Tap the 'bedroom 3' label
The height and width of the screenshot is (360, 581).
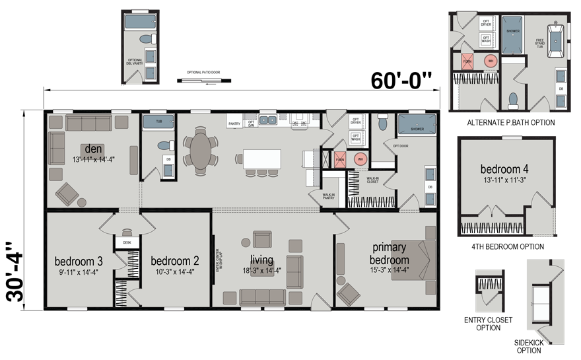[79, 260]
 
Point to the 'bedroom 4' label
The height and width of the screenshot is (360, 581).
[504, 169]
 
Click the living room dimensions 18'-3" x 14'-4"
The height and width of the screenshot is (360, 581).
[262, 270]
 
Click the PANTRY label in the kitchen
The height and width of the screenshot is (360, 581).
[234, 124]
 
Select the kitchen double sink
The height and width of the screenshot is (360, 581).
[268, 120]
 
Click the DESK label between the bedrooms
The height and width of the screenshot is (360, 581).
[127, 242]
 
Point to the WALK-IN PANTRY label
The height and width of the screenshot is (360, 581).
[328, 196]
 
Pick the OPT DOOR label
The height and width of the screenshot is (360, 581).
[401, 146]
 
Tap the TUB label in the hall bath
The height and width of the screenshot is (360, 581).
[158, 122]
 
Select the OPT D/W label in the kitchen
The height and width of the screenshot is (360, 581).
[251, 124]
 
